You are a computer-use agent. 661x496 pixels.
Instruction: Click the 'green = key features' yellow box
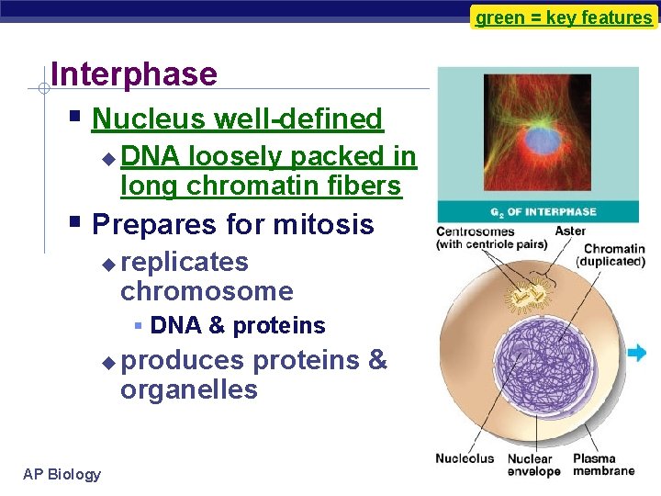click(x=564, y=17)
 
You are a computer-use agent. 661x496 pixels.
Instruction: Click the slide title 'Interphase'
click(x=134, y=74)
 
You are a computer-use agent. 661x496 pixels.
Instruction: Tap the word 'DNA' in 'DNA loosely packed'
click(x=150, y=157)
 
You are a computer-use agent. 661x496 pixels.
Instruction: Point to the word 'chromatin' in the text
click(x=240, y=186)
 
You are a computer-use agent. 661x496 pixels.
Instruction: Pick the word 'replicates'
click(x=185, y=262)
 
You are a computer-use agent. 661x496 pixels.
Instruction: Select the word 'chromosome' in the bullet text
click(x=207, y=292)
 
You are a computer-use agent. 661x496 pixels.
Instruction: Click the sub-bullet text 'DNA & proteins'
click(x=237, y=326)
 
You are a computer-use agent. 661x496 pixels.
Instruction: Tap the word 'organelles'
click(x=188, y=390)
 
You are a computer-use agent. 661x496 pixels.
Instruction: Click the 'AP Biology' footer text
click(x=62, y=474)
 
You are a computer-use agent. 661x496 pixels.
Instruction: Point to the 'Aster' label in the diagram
click(x=570, y=231)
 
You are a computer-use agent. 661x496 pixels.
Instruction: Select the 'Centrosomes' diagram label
click(x=476, y=231)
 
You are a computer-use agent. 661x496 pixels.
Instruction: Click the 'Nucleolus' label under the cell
click(x=465, y=458)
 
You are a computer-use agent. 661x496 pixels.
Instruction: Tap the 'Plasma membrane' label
click(x=603, y=465)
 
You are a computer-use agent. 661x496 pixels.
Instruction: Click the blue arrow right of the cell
click(x=636, y=353)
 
